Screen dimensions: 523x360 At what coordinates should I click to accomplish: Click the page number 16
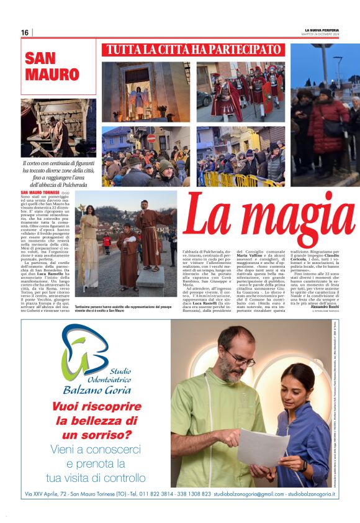pyautogui.click(x=25, y=32)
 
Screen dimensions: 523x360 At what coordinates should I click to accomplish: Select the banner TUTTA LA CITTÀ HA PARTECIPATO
pyautogui.click(x=193, y=50)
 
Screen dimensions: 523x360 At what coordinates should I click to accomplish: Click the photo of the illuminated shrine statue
pyautogui.click(x=146, y=91)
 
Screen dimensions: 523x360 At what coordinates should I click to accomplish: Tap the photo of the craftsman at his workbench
pyautogui.click(x=58, y=127)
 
